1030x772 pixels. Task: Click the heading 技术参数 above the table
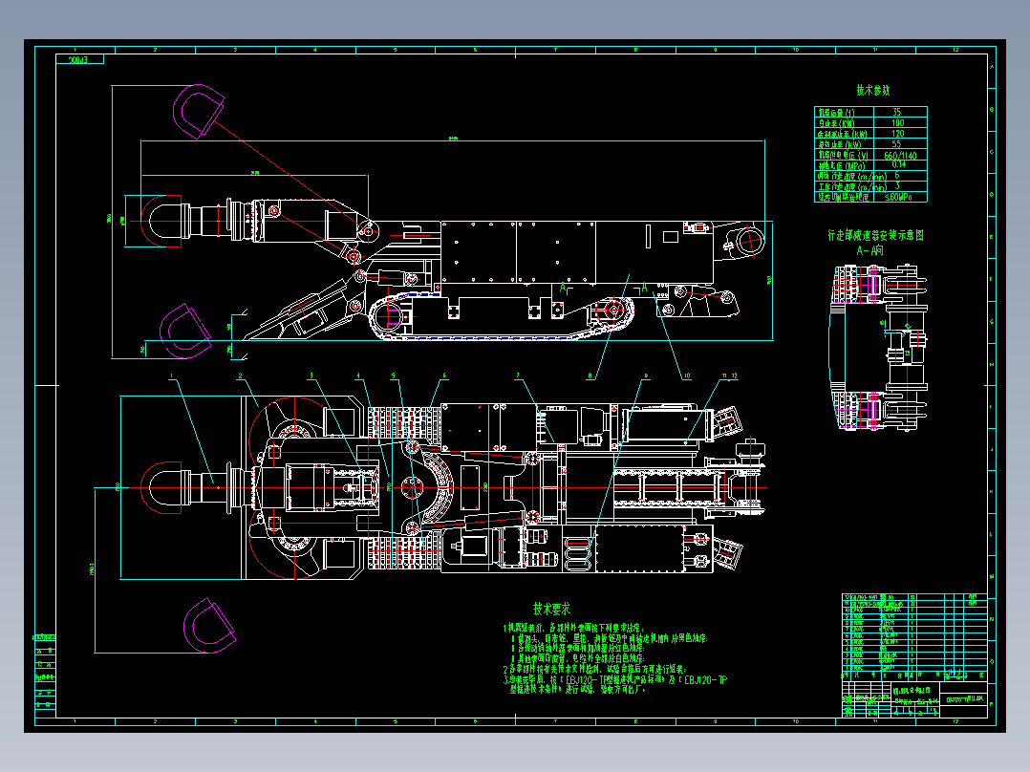tap(872, 91)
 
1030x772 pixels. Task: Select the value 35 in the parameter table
tap(896, 113)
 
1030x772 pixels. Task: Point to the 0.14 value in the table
tap(897, 164)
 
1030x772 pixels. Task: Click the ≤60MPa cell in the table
tap(898, 197)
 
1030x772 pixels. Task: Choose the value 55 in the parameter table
tap(896, 144)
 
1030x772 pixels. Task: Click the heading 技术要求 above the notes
tap(551, 608)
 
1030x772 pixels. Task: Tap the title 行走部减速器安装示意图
tap(875, 235)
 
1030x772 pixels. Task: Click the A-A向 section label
tap(870, 249)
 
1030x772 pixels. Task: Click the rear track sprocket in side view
tap(612, 313)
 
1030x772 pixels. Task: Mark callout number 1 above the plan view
tap(174, 377)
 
